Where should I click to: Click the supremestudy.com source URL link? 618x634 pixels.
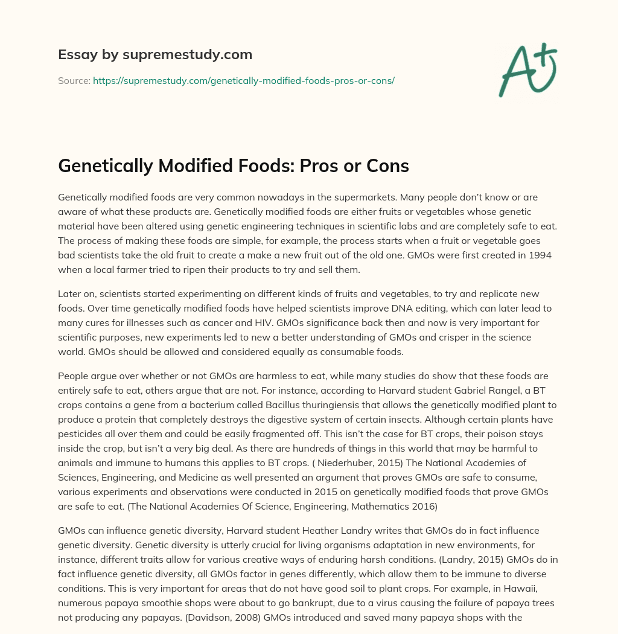pyautogui.click(x=244, y=80)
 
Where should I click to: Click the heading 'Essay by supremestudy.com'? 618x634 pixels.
pyautogui.click(x=155, y=55)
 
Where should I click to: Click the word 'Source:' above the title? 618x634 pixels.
pyautogui.click(x=74, y=80)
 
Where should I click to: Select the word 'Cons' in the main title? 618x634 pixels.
pyautogui.click(x=387, y=167)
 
